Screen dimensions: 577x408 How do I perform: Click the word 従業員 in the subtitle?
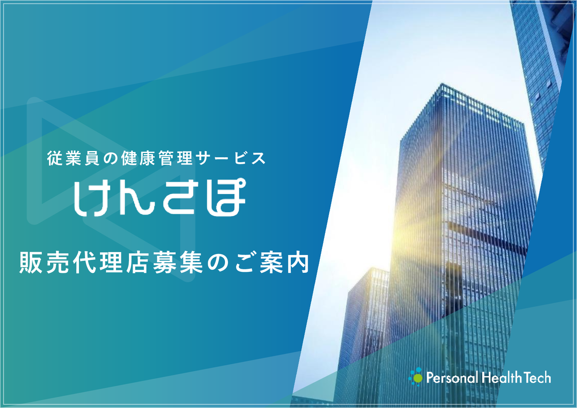[x=73, y=158]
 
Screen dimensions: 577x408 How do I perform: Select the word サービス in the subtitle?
[x=230, y=158]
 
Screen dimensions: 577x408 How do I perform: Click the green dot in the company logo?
[x=417, y=378]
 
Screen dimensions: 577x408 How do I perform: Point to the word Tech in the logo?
[x=538, y=378]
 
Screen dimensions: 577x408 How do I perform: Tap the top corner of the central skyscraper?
[x=442, y=83]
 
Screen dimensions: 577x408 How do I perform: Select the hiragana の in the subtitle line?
[x=110, y=159]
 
